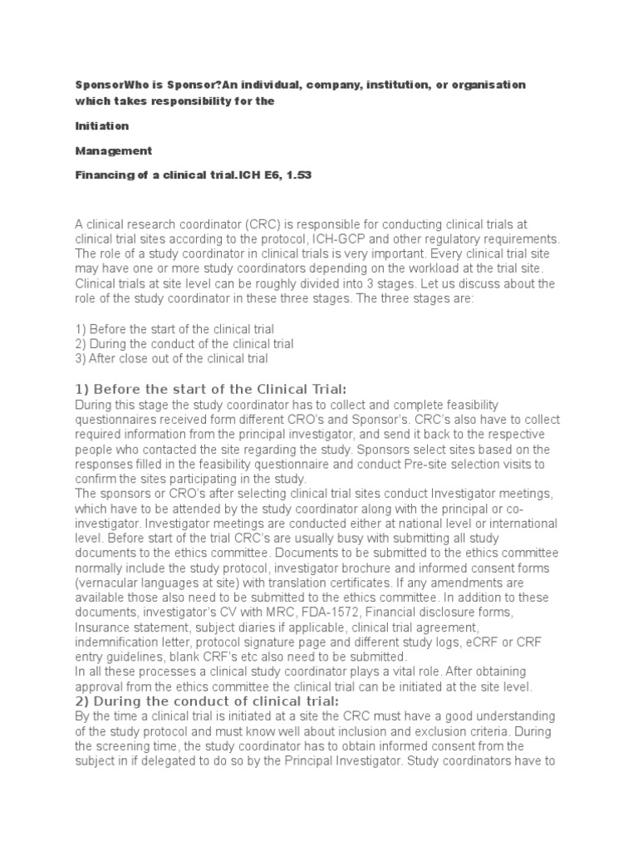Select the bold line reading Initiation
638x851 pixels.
[102, 125]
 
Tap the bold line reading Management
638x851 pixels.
[113, 150]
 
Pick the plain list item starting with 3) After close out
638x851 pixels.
[171, 358]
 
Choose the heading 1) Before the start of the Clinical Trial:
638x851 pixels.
[210, 390]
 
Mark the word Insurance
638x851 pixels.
[104, 628]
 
